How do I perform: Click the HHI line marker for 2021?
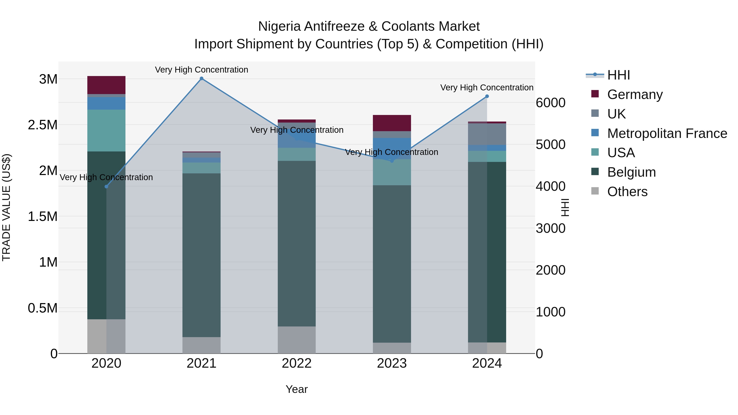201,78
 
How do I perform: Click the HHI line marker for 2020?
106,186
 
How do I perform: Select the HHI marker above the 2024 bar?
487,96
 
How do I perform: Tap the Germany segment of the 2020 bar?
106,85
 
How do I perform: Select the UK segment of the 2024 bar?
487,134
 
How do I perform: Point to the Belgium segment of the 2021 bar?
201,255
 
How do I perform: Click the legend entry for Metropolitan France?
667,133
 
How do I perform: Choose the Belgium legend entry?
631,172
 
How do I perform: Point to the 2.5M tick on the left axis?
43,125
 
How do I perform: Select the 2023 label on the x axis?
392,363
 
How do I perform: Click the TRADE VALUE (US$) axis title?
6,207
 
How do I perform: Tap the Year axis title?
296,389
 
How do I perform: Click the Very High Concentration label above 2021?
201,70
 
